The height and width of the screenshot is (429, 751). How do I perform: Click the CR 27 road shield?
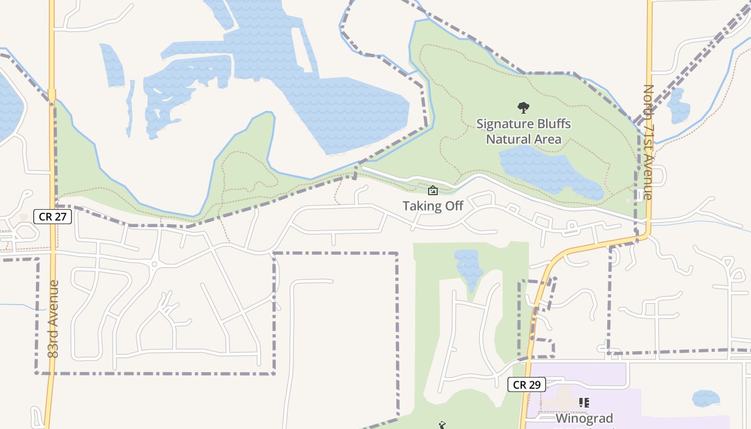pyautogui.click(x=53, y=217)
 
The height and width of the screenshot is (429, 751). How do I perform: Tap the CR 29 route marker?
pyautogui.click(x=527, y=384)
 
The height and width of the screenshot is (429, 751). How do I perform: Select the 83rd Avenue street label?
pyautogui.click(x=53, y=319)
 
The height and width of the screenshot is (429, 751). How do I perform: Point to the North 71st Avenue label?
pyautogui.click(x=649, y=142)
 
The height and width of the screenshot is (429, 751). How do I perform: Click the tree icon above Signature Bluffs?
pyautogui.click(x=523, y=108)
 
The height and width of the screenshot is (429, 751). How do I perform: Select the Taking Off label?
pyautogui.click(x=433, y=206)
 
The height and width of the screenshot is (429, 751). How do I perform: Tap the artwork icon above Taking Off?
pyautogui.click(x=433, y=190)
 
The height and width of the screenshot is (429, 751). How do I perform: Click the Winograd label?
pyautogui.click(x=584, y=418)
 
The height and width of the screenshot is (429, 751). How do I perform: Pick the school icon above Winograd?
pyautogui.click(x=584, y=402)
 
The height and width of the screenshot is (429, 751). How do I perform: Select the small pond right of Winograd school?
pyautogui.click(x=705, y=398)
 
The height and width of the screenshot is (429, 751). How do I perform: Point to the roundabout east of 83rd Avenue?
pyautogui.click(x=154, y=264)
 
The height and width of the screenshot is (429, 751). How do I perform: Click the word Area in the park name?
pyautogui.click(x=548, y=139)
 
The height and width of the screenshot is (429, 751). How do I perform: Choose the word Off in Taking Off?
pyautogui.click(x=452, y=206)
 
